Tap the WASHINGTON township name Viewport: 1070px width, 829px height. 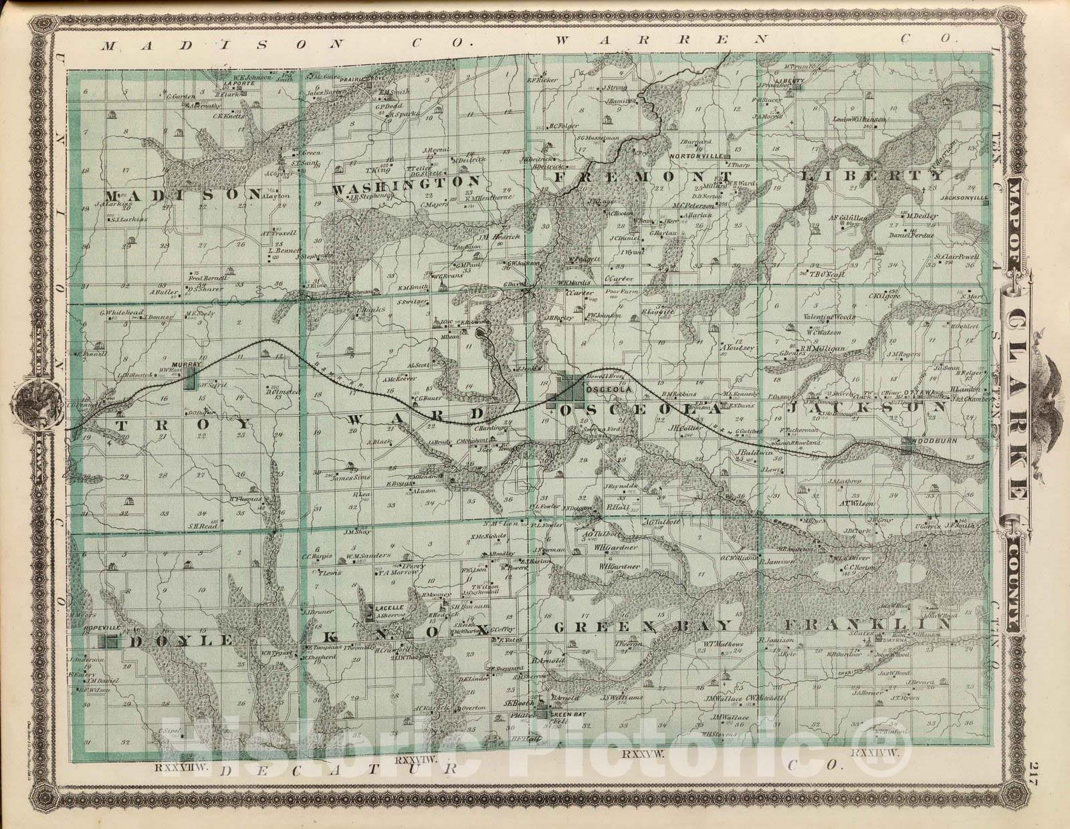tap(407, 183)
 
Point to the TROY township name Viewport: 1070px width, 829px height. tap(184, 425)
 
